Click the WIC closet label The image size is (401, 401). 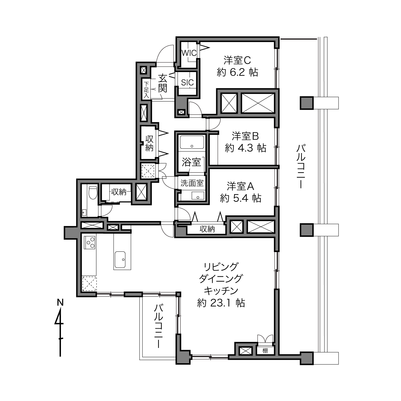189,53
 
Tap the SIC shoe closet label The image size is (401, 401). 187,83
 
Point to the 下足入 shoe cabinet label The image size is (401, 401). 146,90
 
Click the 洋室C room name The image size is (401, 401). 237,60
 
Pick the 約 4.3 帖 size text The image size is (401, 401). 245,148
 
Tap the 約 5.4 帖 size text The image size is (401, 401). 241,198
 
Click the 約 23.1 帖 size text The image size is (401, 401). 221,303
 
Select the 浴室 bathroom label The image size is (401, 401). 191,162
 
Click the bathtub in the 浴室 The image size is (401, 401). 192,142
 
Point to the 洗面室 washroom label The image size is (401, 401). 192,183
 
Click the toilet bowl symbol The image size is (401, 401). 93,192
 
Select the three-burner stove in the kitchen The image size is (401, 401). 90,242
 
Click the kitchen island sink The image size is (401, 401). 120,260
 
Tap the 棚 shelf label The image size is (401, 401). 265,351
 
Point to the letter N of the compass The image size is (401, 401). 60,302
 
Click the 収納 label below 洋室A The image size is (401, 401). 207,229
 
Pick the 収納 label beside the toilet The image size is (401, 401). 119,192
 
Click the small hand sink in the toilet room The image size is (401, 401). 84,212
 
